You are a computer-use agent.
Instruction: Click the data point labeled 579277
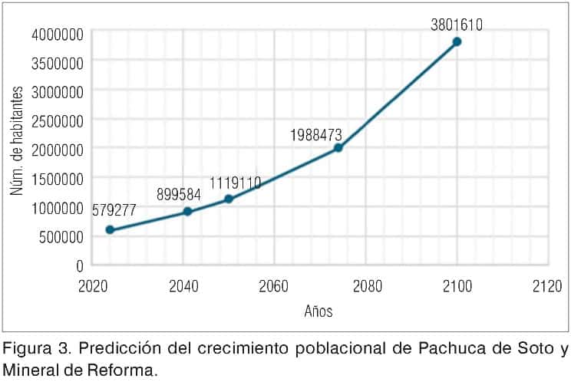[x=110, y=230]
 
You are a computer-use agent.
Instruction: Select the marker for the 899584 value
[x=187, y=212]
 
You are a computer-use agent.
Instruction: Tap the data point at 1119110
[x=229, y=199]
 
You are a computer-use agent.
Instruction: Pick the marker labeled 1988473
[x=338, y=148]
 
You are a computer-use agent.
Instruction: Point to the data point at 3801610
[x=457, y=41]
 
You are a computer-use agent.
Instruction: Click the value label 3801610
[x=457, y=25]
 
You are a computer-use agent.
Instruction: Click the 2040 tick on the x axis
[x=183, y=286]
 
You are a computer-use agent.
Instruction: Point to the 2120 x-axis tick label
[x=546, y=286]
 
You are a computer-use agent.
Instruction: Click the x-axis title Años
[x=319, y=311]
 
